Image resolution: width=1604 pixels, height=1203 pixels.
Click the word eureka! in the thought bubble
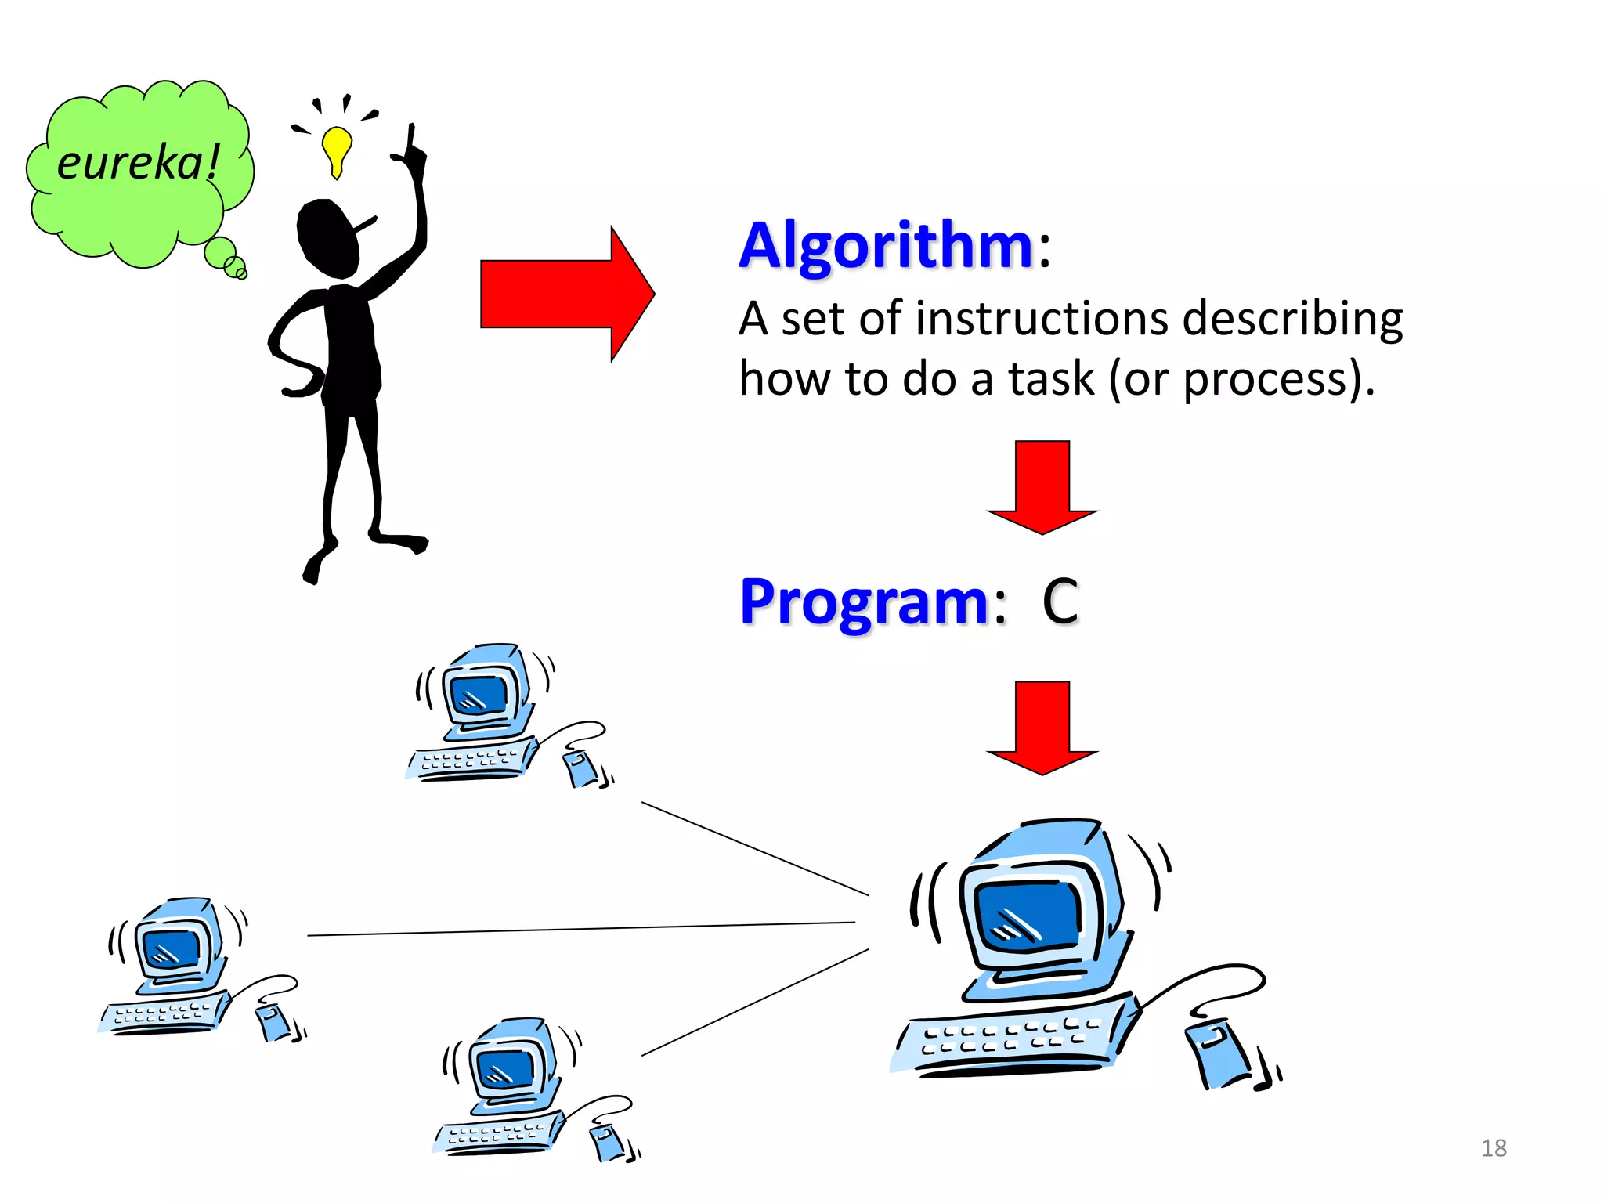point(138,163)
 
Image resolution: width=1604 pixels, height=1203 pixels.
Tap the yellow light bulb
point(337,147)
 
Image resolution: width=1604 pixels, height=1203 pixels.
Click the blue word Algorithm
point(887,246)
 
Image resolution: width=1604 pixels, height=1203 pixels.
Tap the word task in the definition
point(1049,379)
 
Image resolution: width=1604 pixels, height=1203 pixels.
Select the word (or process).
point(1241,381)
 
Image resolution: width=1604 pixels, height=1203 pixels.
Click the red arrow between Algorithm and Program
point(1042,486)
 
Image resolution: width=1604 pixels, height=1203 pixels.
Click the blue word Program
point(865,601)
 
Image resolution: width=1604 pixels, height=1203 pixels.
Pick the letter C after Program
point(1060,601)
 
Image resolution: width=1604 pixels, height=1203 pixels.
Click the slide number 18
point(1494,1148)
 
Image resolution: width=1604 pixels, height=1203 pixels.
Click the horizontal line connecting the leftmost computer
point(580,929)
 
